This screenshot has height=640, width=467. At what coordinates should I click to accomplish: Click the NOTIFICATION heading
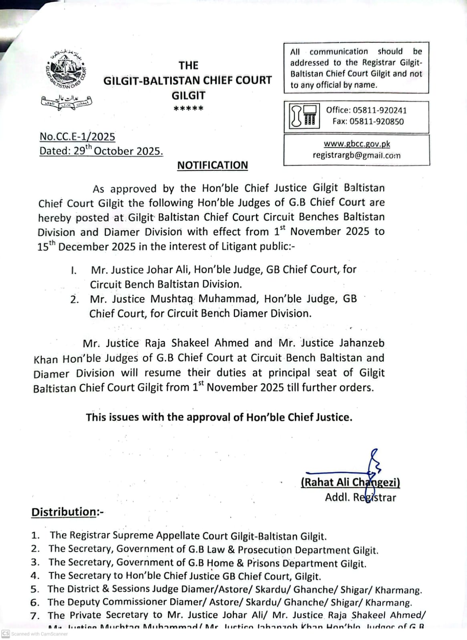click(213, 165)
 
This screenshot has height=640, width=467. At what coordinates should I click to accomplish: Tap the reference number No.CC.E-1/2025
click(77, 137)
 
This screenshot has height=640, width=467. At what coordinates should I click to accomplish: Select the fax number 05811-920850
click(376, 122)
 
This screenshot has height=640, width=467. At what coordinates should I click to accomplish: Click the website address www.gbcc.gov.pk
click(356, 144)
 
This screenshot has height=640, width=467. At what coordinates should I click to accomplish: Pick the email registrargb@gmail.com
click(356, 155)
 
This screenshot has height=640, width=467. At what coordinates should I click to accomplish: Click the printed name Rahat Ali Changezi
click(350, 482)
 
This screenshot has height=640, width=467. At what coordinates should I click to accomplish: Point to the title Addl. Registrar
click(360, 498)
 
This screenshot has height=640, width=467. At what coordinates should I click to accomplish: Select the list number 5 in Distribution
click(35, 589)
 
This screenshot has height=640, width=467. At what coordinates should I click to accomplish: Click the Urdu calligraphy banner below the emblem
click(66, 103)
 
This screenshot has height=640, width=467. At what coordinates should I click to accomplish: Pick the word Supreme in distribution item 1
click(134, 536)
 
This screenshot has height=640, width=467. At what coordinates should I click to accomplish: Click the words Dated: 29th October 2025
click(101, 151)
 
